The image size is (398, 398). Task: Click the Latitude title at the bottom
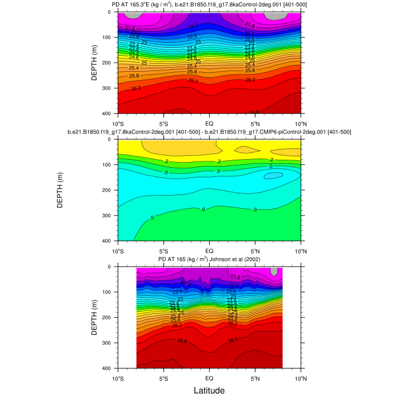209,391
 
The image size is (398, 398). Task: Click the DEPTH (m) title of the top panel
95,63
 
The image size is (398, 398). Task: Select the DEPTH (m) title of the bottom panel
95,317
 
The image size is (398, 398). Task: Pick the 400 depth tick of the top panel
109,114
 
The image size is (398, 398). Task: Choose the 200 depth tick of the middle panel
109,190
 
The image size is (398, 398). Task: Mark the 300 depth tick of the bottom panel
109,343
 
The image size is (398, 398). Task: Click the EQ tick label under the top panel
209,123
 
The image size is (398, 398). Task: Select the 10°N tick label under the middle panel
300,250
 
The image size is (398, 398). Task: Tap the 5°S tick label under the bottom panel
164,378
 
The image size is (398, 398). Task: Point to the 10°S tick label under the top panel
118,123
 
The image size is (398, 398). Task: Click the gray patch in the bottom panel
274,271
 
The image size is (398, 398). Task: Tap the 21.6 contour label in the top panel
250,25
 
